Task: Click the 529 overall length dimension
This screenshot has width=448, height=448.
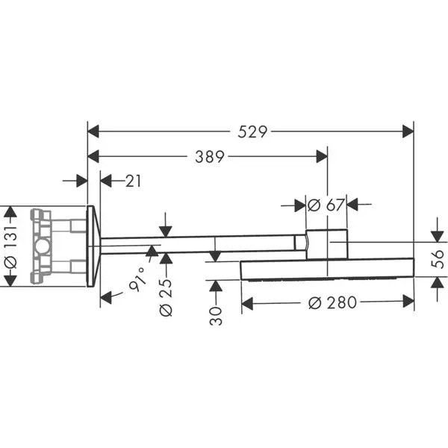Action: [x=252, y=131]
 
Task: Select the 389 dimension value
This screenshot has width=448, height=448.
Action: [x=210, y=157]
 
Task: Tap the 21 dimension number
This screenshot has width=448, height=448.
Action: [x=133, y=181]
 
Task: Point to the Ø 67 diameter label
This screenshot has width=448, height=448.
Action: [x=326, y=205]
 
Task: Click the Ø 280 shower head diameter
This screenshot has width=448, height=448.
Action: [x=332, y=302]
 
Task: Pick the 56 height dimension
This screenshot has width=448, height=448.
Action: [x=438, y=259]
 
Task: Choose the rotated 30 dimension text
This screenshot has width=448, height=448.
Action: [x=216, y=316]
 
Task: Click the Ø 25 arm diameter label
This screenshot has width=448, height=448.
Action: [x=166, y=298]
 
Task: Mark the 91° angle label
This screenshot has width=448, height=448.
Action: [x=137, y=279]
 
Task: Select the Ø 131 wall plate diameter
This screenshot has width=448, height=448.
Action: [x=10, y=246]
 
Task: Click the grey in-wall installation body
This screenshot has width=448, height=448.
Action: [x=58, y=246]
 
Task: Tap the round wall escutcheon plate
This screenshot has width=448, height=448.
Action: [x=93, y=246]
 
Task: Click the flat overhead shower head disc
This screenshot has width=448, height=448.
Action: [x=328, y=269]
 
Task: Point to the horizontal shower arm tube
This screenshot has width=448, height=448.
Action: [x=200, y=244]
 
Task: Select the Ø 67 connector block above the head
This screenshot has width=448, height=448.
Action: [x=327, y=244]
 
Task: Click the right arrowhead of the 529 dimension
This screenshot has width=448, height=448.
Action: [x=408, y=131]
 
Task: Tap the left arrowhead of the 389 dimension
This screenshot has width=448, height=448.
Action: [x=93, y=156]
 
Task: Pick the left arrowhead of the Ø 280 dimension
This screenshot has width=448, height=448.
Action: [x=247, y=303]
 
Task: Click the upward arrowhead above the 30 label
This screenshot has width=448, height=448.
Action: [x=216, y=286]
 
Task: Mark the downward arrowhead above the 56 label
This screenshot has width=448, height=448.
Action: [x=438, y=236]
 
